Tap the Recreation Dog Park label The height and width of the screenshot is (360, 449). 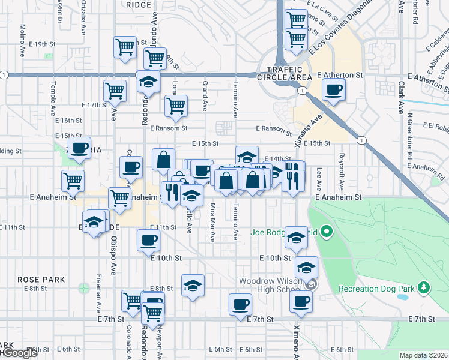click(x=376, y=289)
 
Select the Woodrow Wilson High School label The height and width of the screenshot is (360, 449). click(x=273, y=285)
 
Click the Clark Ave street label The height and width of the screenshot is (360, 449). click(x=401, y=96)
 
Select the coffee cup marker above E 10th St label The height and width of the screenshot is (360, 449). click(x=148, y=240)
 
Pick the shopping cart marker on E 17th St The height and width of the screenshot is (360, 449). click(x=115, y=91)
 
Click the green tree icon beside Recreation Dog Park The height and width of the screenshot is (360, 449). click(x=423, y=288)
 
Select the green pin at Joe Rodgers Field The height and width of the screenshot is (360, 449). click(x=327, y=230)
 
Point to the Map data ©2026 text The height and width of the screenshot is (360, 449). click(x=423, y=355)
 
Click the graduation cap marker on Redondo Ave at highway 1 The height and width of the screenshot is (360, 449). click(x=147, y=82)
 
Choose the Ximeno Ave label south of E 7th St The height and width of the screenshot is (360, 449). click(x=297, y=346)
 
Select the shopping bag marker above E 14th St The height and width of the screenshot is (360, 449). click(x=163, y=159)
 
